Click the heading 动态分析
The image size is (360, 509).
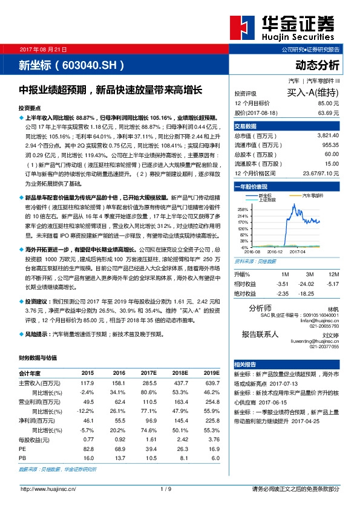(317, 65)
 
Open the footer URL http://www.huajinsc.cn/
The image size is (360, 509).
(48, 488)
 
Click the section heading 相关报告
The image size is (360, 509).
(246, 364)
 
